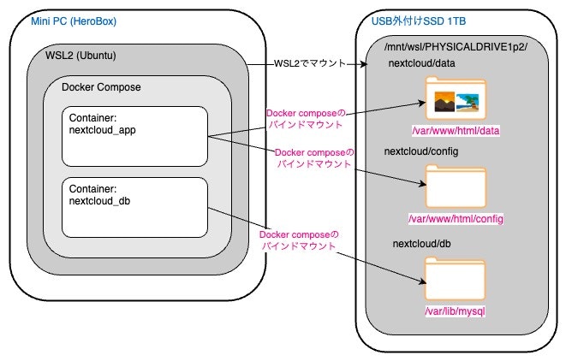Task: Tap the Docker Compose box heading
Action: [102, 87]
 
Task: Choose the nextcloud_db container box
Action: [134, 207]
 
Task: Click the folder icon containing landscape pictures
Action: [454, 99]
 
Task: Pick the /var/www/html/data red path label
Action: [454, 131]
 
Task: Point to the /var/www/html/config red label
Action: [455, 220]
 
